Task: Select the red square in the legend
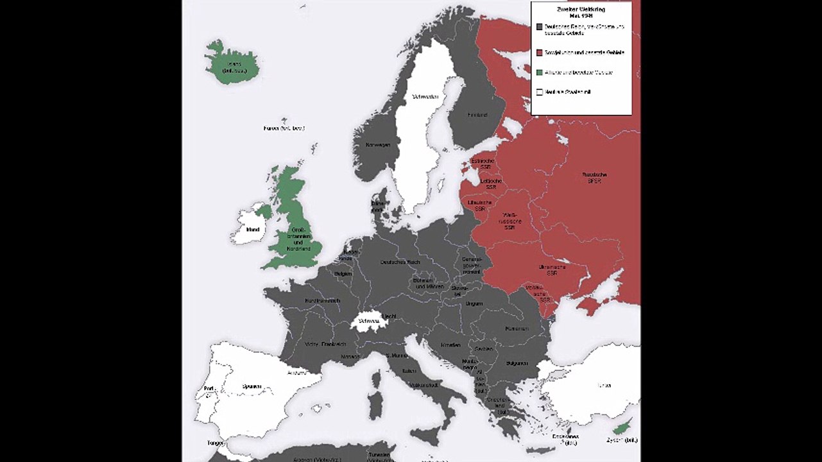(540, 53)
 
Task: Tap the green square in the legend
(540, 73)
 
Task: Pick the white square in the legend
(540, 92)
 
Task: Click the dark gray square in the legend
(540, 27)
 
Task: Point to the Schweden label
(425, 97)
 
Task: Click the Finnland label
(477, 115)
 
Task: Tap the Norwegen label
(378, 145)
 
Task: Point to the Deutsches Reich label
(400, 262)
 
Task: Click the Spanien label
(252, 386)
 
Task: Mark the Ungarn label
(474, 303)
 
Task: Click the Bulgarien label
(516, 363)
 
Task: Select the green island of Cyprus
(620, 429)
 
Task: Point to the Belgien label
(343, 273)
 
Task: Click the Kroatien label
(451, 345)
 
